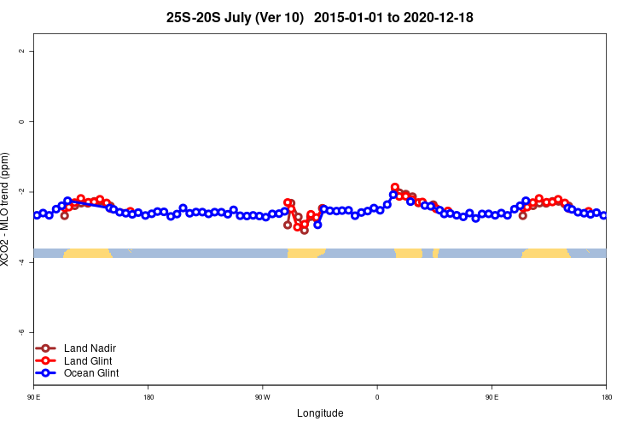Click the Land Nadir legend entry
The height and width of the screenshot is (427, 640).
click(90, 348)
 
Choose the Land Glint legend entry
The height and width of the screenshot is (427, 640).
click(89, 360)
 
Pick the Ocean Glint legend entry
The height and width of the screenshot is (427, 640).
click(91, 372)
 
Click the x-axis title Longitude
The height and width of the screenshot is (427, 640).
click(320, 413)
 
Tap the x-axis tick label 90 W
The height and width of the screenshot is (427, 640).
click(262, 397)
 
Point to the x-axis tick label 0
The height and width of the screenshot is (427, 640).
click(377, 397)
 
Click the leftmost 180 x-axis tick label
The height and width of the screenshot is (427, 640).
click(148, 397)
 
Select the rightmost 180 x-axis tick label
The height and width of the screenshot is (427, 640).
click(606, 397)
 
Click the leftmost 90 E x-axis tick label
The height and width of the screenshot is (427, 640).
click(34, 397)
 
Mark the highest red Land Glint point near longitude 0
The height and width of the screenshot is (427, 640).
click(395, 187)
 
